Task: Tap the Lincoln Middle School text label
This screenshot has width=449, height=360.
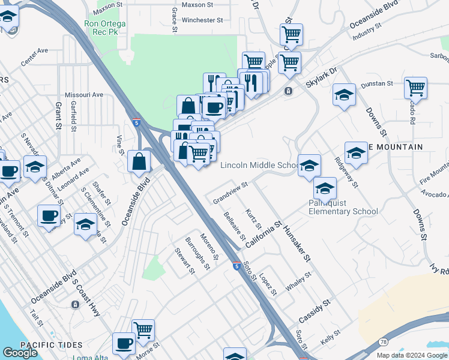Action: coord(259,165)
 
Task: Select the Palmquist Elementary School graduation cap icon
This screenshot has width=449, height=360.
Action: coord(325,189)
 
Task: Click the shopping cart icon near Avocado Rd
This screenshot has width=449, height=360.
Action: coord(415,88)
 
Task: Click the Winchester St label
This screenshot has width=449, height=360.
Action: coord(203,20)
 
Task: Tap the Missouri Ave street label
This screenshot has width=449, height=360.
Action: coord(84,95)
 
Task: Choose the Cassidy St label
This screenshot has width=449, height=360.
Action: coord(315,310)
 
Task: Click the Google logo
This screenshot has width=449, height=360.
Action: coord(20,353)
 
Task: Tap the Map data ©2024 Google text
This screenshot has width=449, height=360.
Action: coord(411,355)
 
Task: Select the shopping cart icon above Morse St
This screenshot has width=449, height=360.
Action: coord(143,329)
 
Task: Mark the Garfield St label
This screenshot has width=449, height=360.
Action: coord(73,116)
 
